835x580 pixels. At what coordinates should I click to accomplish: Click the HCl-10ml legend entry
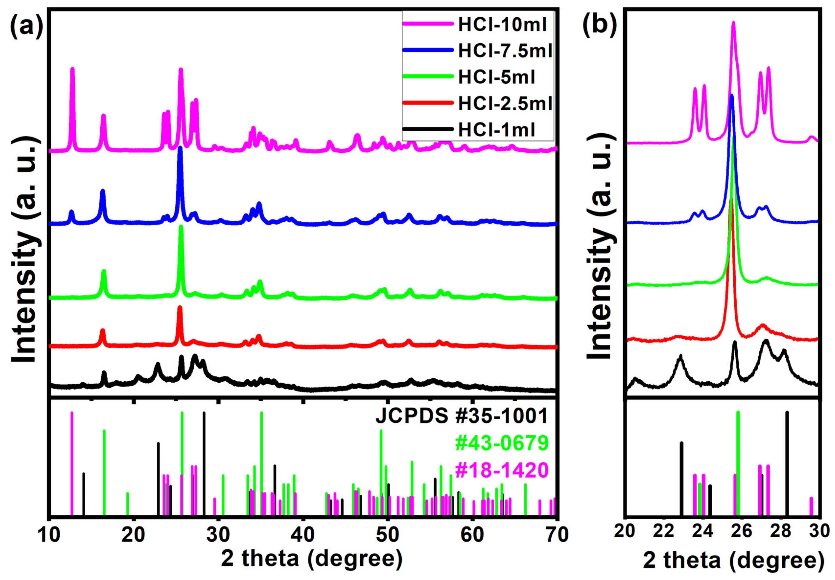[x=502, y=24]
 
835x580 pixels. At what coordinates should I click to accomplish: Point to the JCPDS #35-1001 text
[x=461, y=416]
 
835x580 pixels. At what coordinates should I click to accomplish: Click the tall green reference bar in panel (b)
[x=738, y=463]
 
